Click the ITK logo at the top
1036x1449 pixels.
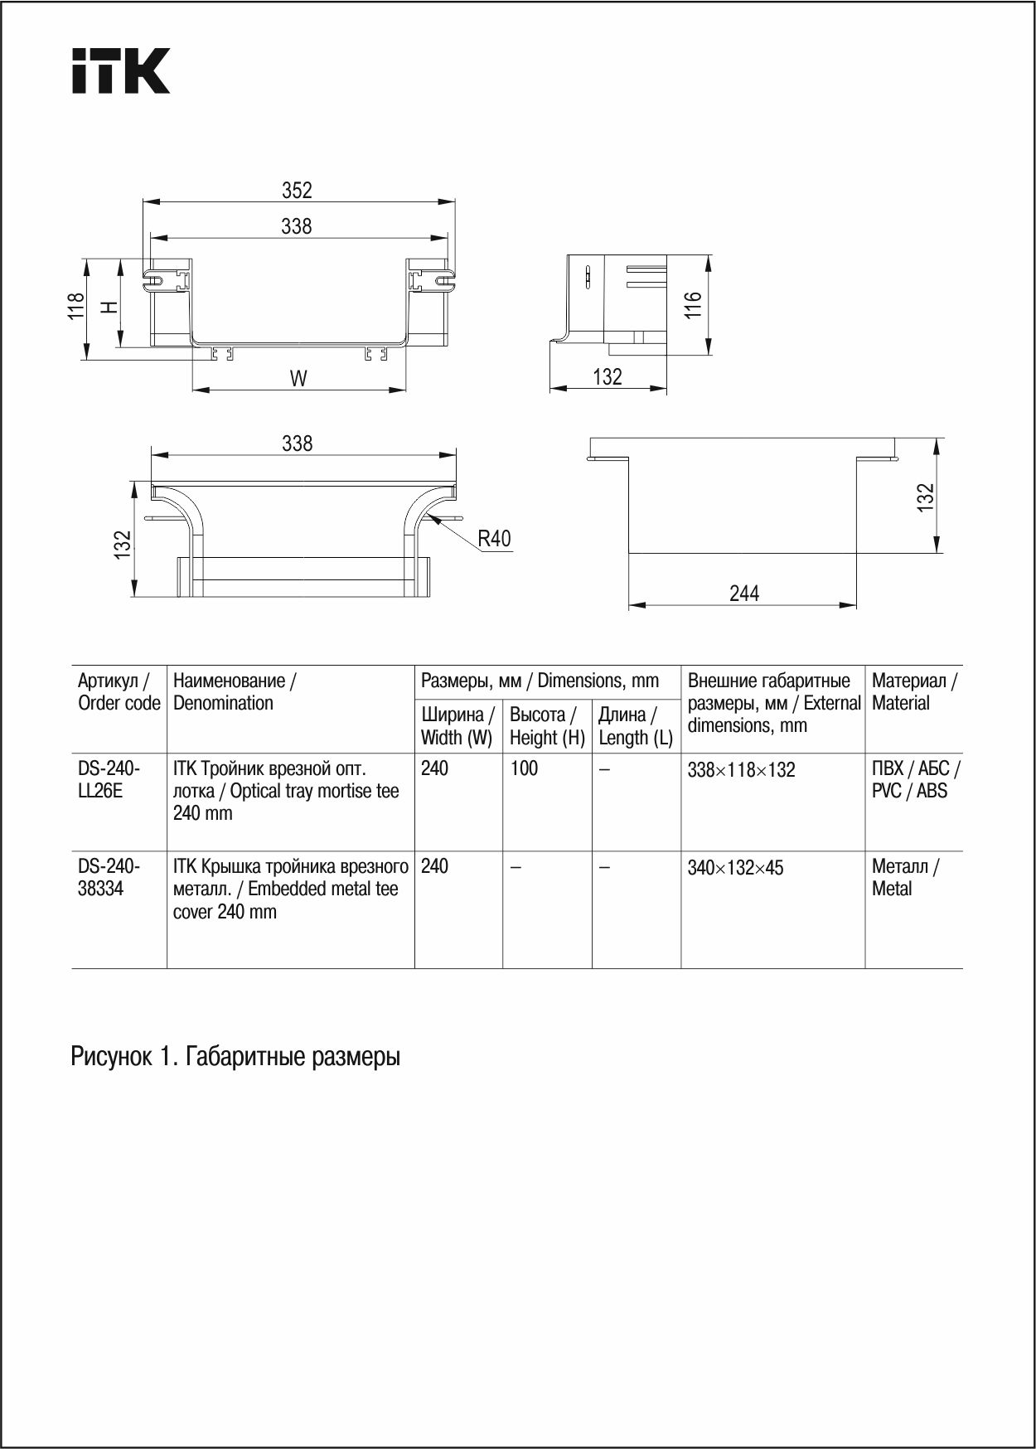tap(121, 70)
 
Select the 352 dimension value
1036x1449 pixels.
tap(297, 191)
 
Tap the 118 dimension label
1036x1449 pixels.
tap(76, 306)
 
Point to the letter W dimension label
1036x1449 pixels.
tap(298, 379)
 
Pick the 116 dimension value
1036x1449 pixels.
tap(693, 305)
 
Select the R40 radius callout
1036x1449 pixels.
tap(494, 539)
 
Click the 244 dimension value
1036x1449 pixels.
tap(743, 594)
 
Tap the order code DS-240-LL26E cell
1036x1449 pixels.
tap(109, 779)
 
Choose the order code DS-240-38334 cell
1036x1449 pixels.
tap(109, 877)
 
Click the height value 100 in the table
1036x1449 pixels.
tap(524, 768)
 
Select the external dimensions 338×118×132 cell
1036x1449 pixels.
tap(741, 770)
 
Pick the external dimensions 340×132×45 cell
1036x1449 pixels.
tap(735, 868)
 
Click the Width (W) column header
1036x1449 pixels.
tap(457, 726)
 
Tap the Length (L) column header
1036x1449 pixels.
tap(636, 726)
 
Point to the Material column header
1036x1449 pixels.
tap(913, 691)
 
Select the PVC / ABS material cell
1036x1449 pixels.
tap(915, 779)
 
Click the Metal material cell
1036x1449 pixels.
tap(904, 877)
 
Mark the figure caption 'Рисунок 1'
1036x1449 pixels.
tap(235, 1057)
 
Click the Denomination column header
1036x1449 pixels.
tap(235, 691)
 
